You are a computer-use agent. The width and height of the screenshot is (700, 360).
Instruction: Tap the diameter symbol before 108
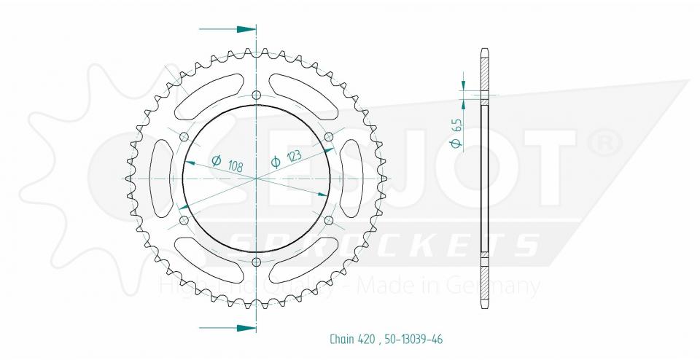216,160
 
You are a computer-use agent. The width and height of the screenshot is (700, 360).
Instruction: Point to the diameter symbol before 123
276,162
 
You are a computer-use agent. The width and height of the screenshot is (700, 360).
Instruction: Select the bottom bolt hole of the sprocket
256,262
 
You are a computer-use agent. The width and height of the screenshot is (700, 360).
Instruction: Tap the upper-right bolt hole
328,136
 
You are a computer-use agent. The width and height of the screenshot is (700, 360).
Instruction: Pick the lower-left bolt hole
183,220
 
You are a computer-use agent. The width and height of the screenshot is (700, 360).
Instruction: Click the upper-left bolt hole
183,136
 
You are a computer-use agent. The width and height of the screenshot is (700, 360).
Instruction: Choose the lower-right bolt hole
328,220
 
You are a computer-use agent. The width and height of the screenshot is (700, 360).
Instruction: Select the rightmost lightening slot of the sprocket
352,178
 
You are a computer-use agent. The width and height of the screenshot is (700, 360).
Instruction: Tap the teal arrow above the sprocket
227,30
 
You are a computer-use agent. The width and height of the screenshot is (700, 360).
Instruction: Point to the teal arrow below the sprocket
227,326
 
